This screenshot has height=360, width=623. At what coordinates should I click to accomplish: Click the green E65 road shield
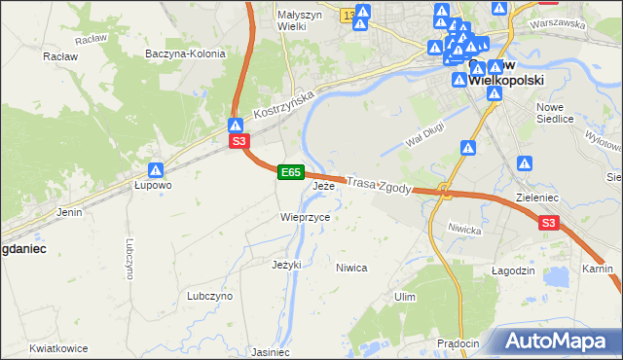290,172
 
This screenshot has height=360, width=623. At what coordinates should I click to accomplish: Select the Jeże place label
323,185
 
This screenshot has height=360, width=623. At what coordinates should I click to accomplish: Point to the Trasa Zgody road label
380,184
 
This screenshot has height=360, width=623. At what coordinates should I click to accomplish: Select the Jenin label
68,210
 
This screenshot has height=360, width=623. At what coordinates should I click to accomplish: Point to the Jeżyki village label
286,264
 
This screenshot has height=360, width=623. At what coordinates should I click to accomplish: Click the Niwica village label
350,267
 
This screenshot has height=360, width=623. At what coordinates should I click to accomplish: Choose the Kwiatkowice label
58,348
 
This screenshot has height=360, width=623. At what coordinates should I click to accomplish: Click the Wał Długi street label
424,141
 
